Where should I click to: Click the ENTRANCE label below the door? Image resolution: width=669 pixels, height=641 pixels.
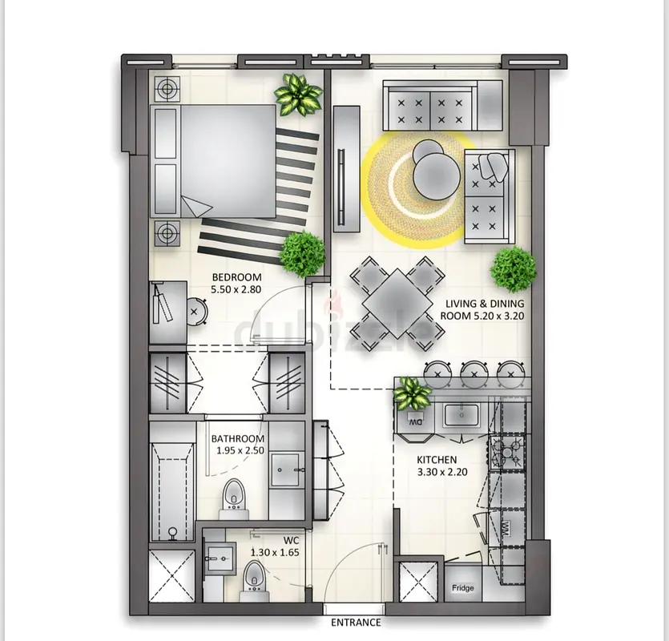click(x=356, y=623)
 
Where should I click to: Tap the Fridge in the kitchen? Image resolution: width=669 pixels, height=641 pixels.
click(x=463, y=587)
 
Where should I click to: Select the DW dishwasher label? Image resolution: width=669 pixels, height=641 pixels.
click(x=416, y=422)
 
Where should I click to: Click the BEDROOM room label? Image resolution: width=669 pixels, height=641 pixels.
click(x=236, y=277)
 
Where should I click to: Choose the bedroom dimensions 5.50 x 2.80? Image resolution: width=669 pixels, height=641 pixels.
click(x=236, y=289)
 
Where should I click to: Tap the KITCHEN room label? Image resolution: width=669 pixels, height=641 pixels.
click(x=437, y=460)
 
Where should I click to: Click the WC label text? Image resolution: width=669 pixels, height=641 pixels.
click(x=291, y=541)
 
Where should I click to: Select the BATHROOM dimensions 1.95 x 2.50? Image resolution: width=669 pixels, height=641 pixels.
click(x=240, y=450)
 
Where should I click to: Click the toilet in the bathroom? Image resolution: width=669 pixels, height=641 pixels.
click(x=233, y=498)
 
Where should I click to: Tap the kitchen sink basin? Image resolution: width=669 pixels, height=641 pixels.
click(x=461, y=415)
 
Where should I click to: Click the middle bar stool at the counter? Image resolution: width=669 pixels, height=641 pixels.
click(x=474, y=373)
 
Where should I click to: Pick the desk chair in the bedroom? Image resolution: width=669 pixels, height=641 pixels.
click(x=196, y=312)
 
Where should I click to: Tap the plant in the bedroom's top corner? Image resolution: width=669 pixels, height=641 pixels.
click(x=298, y=95)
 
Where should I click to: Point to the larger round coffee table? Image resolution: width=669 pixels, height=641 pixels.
click(x=437, y=175)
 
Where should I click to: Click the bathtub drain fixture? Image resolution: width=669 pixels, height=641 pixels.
click(x=172, y=534)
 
